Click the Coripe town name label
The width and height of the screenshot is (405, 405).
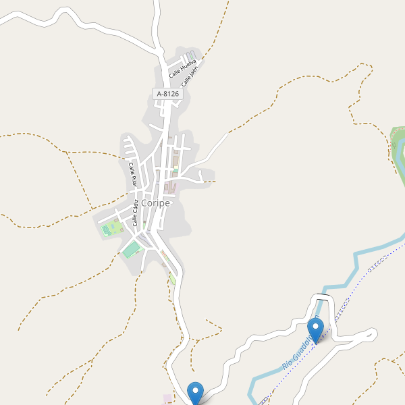pos(157,202)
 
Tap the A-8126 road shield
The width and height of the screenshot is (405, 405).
pos(167,94)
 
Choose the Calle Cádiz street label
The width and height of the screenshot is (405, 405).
pos(138,212)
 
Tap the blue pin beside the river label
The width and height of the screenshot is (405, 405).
pos(315,330)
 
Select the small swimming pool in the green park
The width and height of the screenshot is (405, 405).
pos(105,230)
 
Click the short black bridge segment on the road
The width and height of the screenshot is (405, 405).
pos(323,296)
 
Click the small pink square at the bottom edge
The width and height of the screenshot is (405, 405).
pos(167,399)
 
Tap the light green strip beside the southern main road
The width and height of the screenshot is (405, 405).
pos(172,278)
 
